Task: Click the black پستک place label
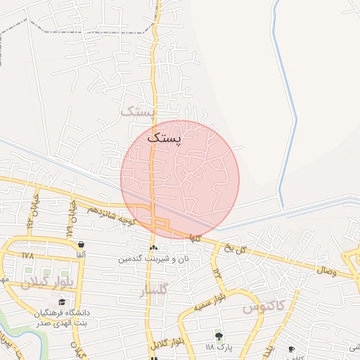tap(165, 139)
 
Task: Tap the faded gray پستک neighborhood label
tap(137, 111)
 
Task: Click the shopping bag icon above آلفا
tap(82, 244)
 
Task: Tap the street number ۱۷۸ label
tap(28, 255)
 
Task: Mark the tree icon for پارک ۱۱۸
tap(219, 336)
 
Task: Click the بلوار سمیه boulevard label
tap(211, 301)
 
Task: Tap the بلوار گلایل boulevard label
tap(167, 342)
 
